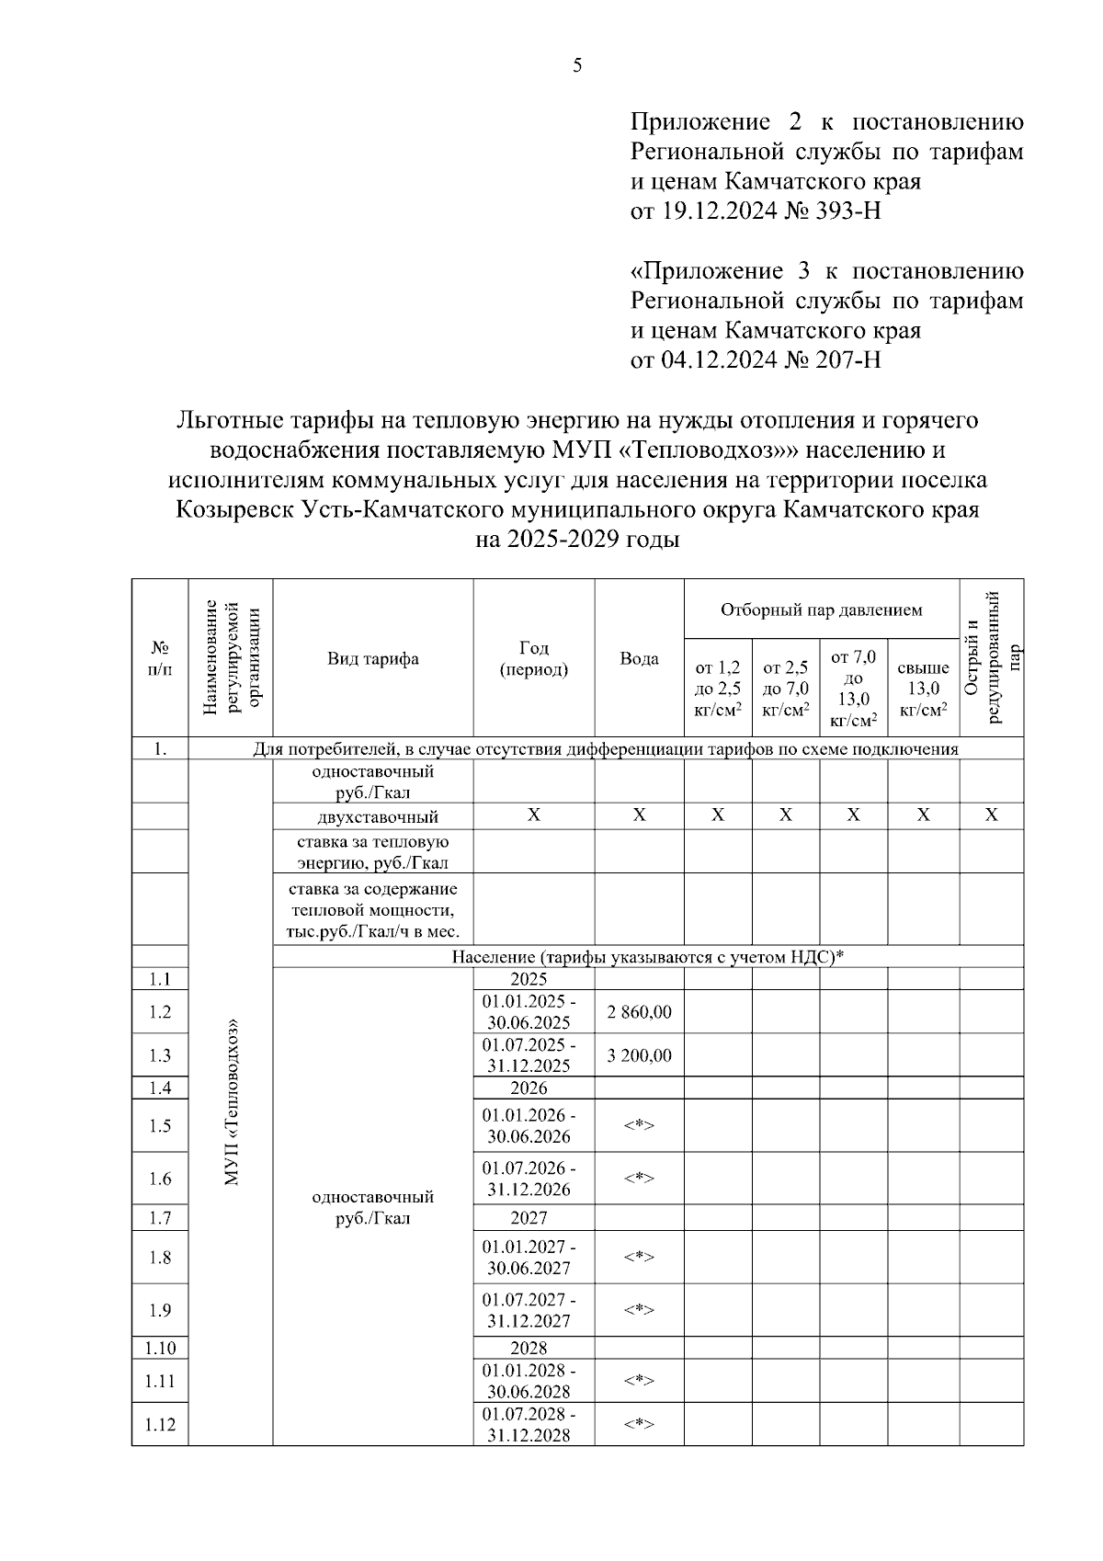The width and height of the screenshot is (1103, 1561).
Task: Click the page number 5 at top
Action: (x=576, y=65)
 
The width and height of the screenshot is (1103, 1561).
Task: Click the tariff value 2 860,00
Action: (x=639, y=1012)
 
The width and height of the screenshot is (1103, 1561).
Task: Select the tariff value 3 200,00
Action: (x=639, y=1055)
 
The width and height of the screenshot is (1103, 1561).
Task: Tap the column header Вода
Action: (x=639, y=658)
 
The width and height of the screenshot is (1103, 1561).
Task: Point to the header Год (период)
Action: (x=533, y=658)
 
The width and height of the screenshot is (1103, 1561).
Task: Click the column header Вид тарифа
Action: (x=373, y=658)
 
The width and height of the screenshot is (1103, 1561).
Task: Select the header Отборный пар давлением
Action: (x=821, y=610)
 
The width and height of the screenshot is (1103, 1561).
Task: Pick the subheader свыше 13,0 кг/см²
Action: (x=923, y=689)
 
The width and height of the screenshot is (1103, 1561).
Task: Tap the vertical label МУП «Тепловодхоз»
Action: (x=231, y=1100)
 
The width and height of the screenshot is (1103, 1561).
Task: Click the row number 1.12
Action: (x=160, y=1424)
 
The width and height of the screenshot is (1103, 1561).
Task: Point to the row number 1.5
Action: (x=160, y=1126)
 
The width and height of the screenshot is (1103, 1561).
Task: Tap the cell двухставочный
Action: (x=372, y=817)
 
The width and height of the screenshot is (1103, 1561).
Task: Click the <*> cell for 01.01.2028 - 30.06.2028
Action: (x=639, y=1381)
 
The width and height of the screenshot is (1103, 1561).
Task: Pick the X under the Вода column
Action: (x=639, y=815)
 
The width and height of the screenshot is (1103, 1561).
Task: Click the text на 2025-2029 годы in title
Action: (x=576, y=540)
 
